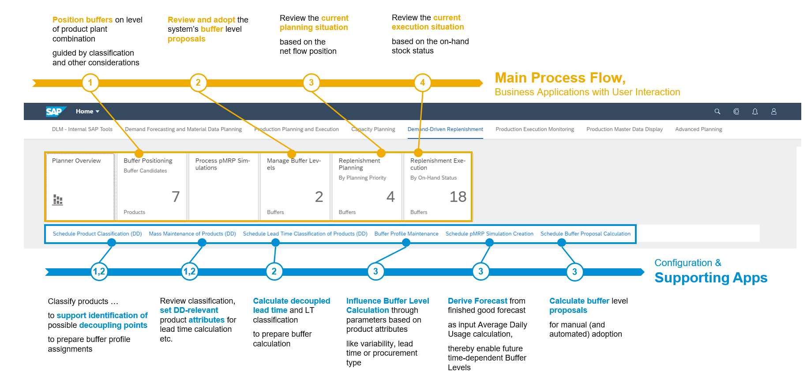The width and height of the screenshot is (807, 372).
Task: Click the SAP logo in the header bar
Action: pos(56,112)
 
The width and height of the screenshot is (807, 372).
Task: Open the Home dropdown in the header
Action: pos(87,112)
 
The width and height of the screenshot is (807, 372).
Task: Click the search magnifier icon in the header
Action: pos(717,112)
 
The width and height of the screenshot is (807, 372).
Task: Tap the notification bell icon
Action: pos(755,112)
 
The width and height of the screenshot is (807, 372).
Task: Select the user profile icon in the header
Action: pos(773,112)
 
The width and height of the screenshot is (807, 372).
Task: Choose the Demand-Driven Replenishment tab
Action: pos(445,129)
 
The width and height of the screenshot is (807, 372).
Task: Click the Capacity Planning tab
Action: pos(373,129)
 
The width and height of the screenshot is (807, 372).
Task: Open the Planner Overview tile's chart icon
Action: pos(58,200)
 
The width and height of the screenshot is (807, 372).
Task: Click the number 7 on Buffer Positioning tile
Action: pos(175,196)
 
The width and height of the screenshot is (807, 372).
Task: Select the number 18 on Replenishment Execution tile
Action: pos(458,197)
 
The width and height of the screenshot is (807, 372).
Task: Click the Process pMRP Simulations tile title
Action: pos(222,164)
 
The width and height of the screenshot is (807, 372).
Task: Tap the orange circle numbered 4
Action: pos(422,83)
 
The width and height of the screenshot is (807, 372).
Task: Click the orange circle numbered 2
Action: pos(198,83)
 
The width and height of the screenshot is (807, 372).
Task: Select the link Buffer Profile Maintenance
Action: pos(406,234)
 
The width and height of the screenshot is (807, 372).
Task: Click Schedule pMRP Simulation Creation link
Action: pos(489,234)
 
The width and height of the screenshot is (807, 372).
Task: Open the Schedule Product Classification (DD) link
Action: pos(97,234)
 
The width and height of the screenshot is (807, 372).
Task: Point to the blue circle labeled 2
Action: pos(274,271)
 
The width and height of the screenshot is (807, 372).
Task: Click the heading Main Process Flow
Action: pos(559,78)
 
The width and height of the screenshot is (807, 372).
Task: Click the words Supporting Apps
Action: pos(710,278)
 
